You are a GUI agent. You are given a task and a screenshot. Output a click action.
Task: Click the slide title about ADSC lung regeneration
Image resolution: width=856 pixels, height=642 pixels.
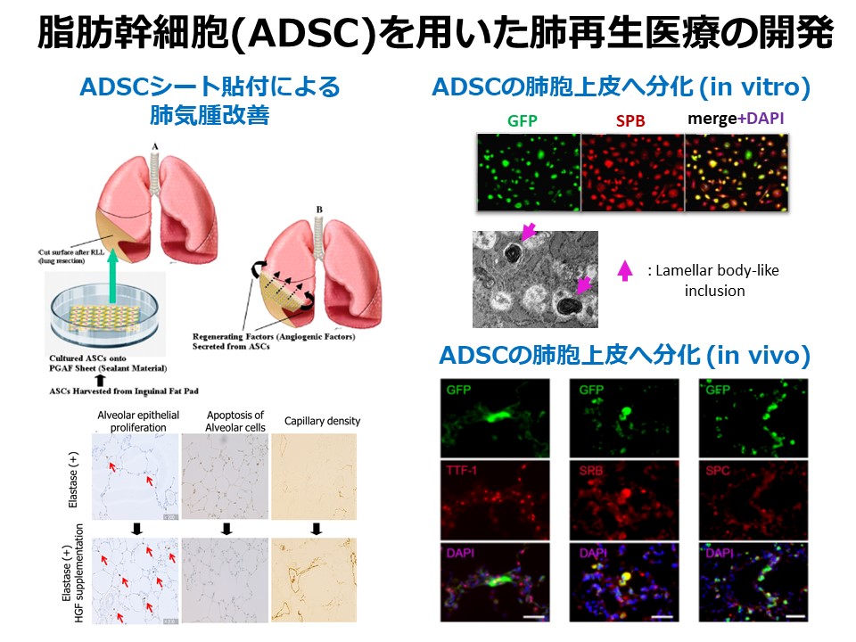(435, 36)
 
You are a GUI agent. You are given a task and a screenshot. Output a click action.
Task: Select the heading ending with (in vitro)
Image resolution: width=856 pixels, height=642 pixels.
(621, 87)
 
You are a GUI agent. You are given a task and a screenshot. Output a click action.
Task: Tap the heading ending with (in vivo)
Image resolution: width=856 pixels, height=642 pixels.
(624, 357)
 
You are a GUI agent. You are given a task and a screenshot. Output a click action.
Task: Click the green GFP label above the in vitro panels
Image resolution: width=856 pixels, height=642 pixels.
(523, 121)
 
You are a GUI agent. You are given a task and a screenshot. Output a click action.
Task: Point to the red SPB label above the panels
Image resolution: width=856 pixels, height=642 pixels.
(630, 121)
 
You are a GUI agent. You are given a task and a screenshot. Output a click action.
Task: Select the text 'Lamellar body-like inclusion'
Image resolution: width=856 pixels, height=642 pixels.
(713, 280)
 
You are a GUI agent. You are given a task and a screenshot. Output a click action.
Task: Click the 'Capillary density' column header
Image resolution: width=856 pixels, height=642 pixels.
(322, 421)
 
